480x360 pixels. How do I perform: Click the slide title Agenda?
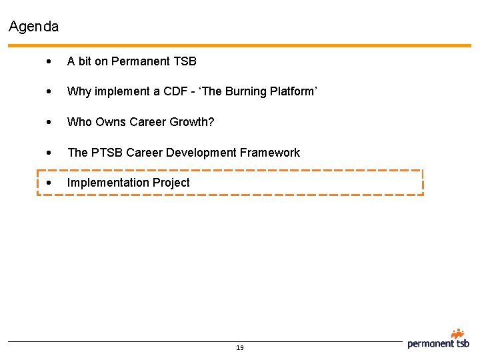(x=34, y=27)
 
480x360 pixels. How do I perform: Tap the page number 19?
(x=240, y=347)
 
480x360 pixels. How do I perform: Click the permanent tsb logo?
(x=439, y=340)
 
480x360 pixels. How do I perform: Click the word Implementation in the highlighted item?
(x=107, y=183)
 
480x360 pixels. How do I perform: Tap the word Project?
(x=171, y=183)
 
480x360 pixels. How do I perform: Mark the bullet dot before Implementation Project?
(x=51, y=183)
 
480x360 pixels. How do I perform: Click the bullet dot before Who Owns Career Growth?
(x=51, y=123)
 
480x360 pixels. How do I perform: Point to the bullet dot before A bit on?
(x=51, y=62)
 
